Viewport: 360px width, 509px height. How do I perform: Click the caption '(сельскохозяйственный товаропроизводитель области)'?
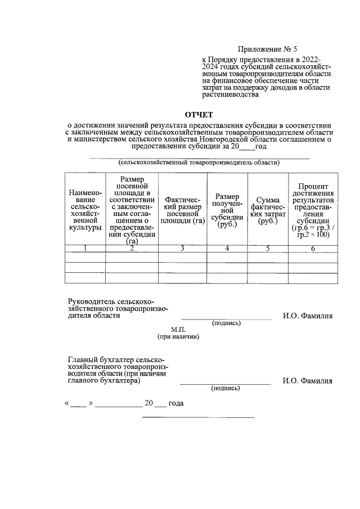pyautogui.click(x=200, y=163)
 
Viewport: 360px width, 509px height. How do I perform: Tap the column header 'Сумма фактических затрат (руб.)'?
pyautogui.click(x=268, y=211)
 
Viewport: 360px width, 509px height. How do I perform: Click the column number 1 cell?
pyautogui.click(x=85, y=248)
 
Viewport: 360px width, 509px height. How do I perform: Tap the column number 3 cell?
pyautogui.click(x=182, y=248)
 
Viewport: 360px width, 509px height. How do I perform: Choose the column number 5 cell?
pyautogui.click(x=268, y=248)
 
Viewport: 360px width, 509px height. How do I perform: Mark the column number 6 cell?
pyautogui.click(x=313, y=248)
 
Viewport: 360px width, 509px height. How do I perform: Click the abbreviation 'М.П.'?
pyautogui.click(x=178, y=328)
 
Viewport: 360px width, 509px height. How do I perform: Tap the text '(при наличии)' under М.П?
pyautogui.click(x=178, y=336)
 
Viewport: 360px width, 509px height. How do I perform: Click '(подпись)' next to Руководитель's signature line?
pyautogui.click(x=226, y=323)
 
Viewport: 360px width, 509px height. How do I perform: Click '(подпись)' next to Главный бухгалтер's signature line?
pyautogui.click(x=225, y=388)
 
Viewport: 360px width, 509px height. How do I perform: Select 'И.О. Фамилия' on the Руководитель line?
pyautogui.click(x=307, y=316)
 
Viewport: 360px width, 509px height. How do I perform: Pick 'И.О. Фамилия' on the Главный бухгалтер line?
pyautogui.click(x=307, y=381)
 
